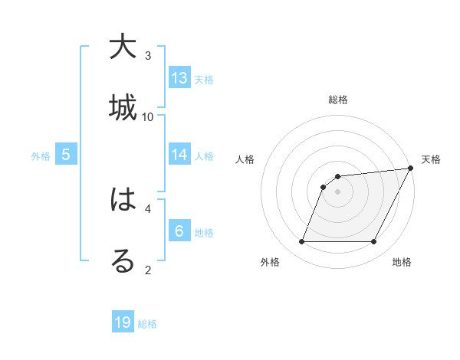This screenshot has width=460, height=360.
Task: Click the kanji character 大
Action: (123, 47)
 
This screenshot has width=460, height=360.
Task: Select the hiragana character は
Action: (123, 201)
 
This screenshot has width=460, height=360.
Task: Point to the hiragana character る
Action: (123, 260)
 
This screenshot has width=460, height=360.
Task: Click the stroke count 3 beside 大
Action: (148, 56)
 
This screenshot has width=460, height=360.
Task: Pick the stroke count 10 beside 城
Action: (148, 116)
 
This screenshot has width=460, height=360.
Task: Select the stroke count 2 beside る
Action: (148, 270)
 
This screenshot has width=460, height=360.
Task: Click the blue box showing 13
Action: (179, 78)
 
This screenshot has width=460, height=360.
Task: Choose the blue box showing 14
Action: (179, 155)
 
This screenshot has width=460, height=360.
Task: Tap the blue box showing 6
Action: (179, 231)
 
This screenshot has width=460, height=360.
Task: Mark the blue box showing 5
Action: (66, 155)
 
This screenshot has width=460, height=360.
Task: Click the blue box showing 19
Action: (123, 322)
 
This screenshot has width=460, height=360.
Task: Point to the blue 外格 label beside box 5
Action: (41, 156)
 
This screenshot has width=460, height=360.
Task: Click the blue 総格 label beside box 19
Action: (147, 324)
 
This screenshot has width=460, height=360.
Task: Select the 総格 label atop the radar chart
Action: (338, 100)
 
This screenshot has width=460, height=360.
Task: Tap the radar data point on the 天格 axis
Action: (411, 169)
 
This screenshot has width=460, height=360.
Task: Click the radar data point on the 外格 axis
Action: (301, 242)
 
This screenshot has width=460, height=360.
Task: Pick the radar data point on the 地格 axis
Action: (374, 242)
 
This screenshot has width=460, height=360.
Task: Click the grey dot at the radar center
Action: (338, 191)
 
